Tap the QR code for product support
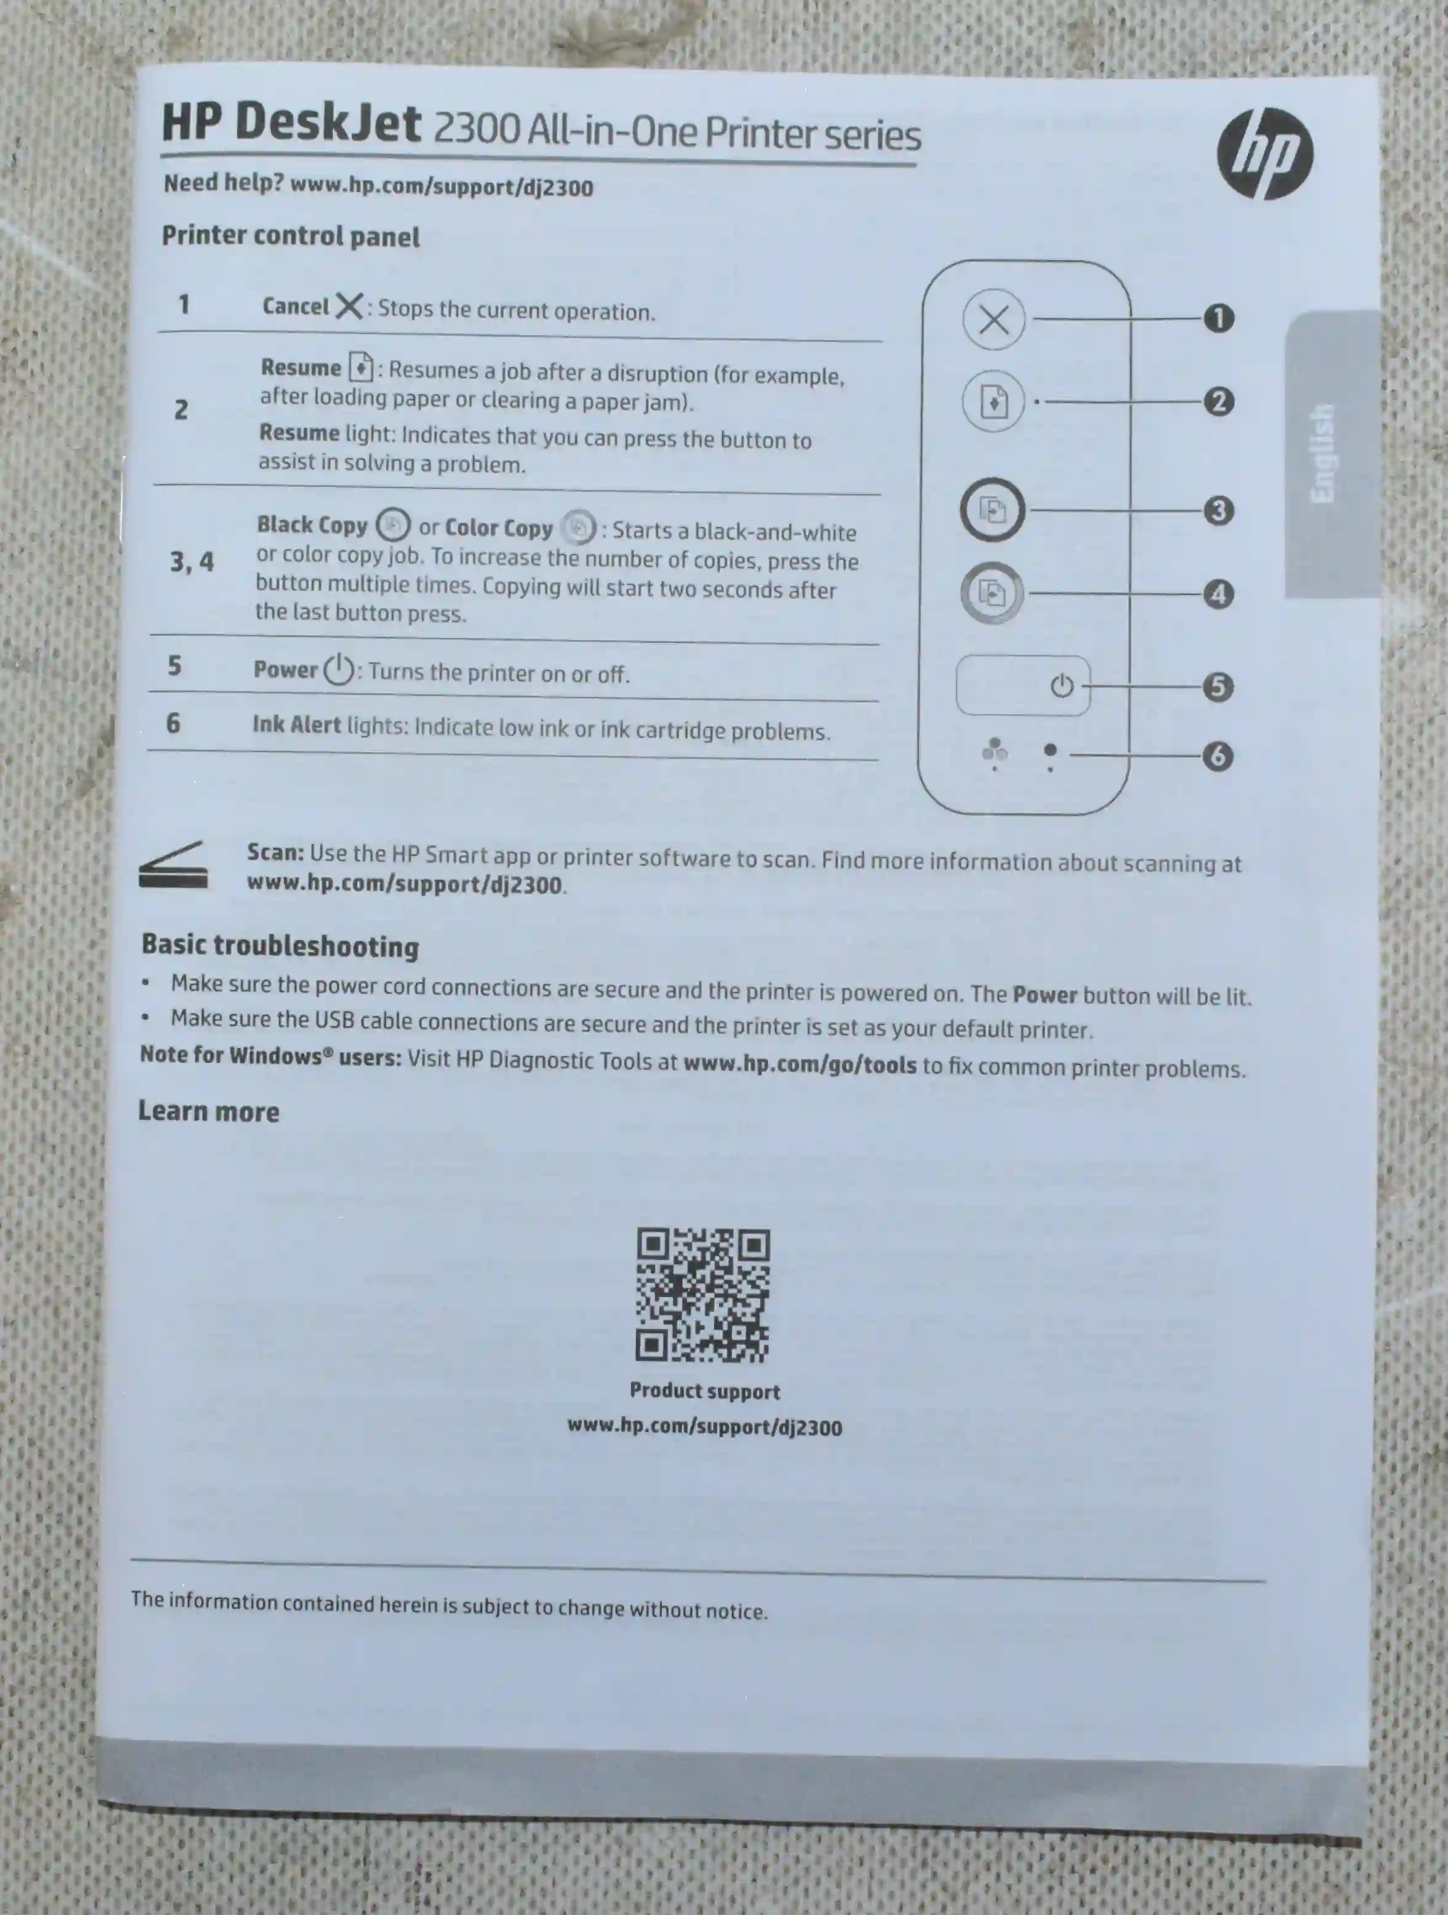(x=702, y=1294)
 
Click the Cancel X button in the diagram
(x=993, y=319)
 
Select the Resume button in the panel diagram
(x=993, y=402)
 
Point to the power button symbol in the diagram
(x=1062, y=687)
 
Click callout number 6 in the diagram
(x=1218, y=756)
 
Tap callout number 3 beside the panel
(x=1218, y=510)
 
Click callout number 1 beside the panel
(x=1218, y=319)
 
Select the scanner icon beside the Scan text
(x=173, y=865)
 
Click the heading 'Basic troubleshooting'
(x=280, y=946)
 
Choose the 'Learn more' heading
(x=209, y=1112)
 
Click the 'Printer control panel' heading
(x=291, y=236)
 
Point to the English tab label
(x=1322, y=453)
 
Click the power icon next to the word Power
(x=338, y=669)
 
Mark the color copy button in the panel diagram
(x=991, y=593)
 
